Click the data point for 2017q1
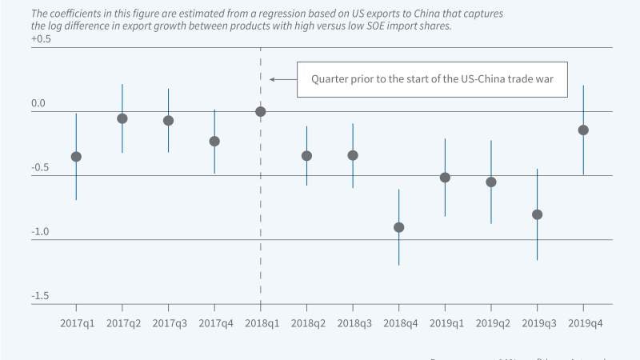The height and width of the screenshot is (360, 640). tap(76, 157)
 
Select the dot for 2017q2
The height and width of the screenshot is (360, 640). tap(122, 118)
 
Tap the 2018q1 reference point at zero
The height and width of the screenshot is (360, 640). tap(261, 111)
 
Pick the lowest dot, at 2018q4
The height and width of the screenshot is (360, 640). tap(398, 227)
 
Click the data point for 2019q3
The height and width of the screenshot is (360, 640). tap(537, 214)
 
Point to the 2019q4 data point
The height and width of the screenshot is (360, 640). tap(583, 130)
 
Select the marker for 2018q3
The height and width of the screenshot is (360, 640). tap(353, 155)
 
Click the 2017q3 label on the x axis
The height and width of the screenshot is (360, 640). tap(168, 322)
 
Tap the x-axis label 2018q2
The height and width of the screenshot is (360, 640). tap(306, 322)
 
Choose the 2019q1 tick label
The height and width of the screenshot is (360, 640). tap(445, 322)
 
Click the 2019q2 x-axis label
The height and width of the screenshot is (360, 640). tap(491, 322)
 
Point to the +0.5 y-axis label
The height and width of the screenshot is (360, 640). tap(40, 40)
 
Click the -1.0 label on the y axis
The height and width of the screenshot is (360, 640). tap(41, 232)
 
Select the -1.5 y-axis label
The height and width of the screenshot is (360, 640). tap(41, 296)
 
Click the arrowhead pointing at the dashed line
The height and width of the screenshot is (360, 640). tap(272, 79)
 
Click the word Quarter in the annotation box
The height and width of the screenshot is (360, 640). tap(330, 79)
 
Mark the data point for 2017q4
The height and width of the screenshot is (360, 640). tap(214, 142)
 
